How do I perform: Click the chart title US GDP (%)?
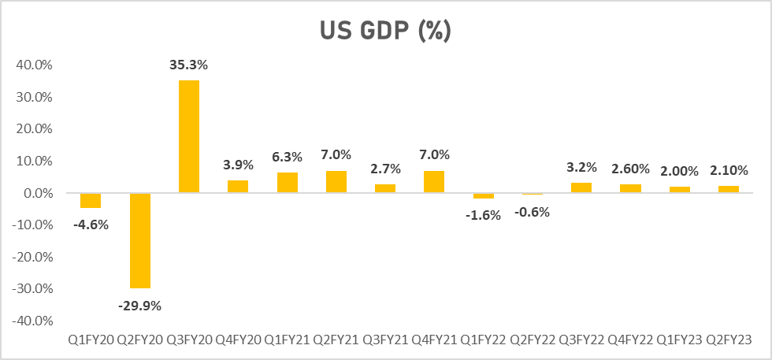pos(384,32)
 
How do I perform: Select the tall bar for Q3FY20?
pos(189,136)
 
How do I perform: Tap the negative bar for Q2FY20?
pos(140,240)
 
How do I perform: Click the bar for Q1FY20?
pos(91,200)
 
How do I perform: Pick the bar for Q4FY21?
pos(434,181)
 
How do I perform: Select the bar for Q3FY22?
pos(581,187)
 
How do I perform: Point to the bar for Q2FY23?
pos(729,189)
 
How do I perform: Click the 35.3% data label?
pos(189,64)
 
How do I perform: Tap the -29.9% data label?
pos(140,305)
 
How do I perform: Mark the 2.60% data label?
pos(630,169)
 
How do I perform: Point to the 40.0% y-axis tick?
pos(34,65)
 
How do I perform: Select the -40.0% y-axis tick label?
pos(32,321)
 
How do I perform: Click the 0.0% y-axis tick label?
pos(38,193)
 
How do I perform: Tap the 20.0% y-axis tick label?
pos(34,129)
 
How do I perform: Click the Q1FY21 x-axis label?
pos(287,340)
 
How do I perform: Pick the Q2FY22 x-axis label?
pos(532,340)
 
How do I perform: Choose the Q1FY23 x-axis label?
pos(679,340)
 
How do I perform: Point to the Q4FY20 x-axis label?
pos(238,340)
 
